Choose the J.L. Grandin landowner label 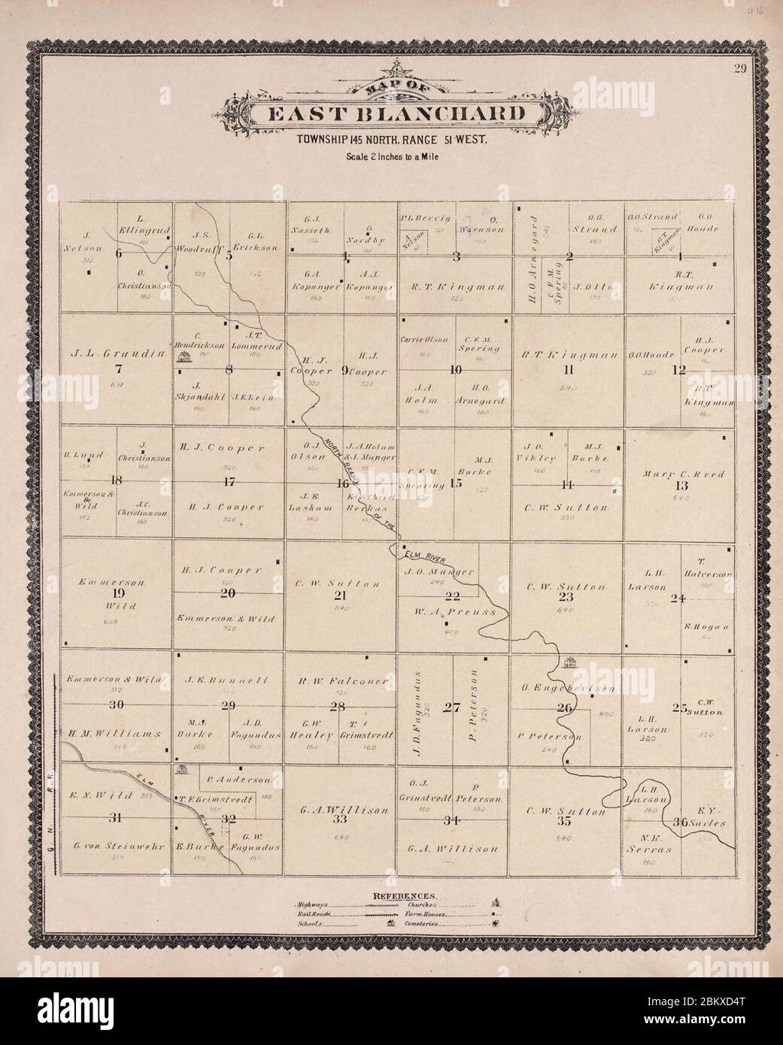(x=115, y=354)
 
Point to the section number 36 (x=679, y=822)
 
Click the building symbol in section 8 (x=181, y=359)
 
